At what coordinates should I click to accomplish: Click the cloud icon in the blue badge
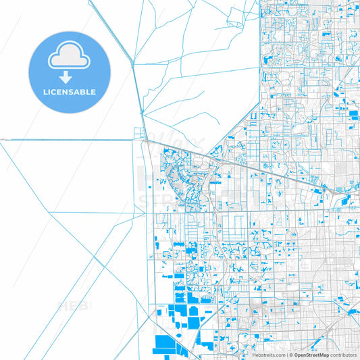[69, 56]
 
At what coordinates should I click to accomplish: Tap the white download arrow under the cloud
[69, 77]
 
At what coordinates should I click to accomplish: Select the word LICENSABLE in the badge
[69, 91]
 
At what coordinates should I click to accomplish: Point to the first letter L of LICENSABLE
[45, 91]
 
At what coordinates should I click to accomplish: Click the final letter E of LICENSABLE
[93, 91]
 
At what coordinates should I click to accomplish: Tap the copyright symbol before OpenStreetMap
[290, 354]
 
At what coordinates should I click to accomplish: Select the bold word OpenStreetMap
[312, 354]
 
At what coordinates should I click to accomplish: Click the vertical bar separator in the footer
[286, 354]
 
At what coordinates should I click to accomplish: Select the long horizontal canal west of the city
[68, 140]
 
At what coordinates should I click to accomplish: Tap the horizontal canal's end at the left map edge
[2, 140]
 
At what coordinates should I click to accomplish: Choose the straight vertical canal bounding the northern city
[260, 54]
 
